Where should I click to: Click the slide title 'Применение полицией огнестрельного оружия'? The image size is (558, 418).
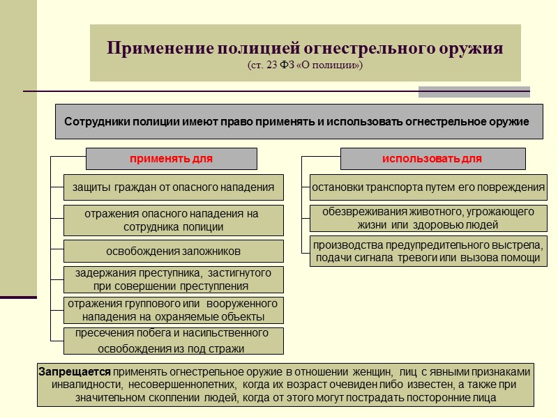(x=305, y=49)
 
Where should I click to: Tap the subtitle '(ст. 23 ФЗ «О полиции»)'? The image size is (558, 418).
(x=305, y=65)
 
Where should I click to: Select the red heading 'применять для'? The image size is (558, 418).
(x=171, y=159)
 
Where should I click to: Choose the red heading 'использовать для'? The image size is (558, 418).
(x=432, y=159)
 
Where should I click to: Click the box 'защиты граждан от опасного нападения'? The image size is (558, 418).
(x=174, y=187)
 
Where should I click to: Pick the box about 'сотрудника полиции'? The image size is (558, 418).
(x=174, y=220)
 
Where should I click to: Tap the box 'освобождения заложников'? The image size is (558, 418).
(x=174, y=251)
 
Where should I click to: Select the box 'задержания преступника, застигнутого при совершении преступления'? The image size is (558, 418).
(x=174, y=279)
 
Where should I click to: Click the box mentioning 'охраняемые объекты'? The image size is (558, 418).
(x=174, y=311)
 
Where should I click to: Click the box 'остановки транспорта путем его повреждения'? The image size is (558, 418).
(x=428, y=187)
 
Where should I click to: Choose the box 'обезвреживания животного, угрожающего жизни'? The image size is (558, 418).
(x=428, y=218)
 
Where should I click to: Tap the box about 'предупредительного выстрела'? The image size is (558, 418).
(x=428, y=251)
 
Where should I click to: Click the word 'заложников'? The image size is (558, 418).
(x=208, y=251)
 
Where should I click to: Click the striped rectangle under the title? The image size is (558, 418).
(x=474, y=92)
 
